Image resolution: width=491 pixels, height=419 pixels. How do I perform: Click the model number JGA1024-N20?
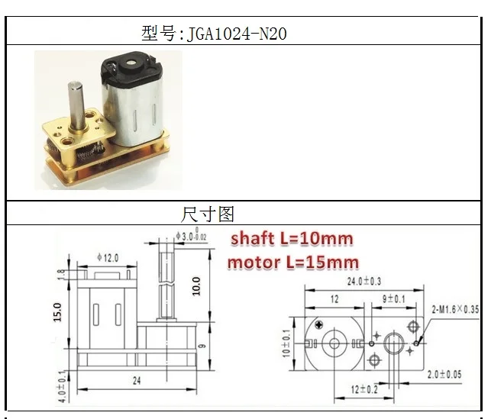tap(237, 34)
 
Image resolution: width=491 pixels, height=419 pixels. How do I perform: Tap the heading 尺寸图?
tap(208, 214)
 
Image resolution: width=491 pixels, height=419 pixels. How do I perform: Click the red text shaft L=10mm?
tap(292, 239)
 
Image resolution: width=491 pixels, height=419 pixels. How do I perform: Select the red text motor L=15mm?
tap(293, 263)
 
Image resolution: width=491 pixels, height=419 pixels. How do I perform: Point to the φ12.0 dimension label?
tap(108, 258)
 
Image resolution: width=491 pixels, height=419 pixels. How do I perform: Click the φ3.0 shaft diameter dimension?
tap(191, 235)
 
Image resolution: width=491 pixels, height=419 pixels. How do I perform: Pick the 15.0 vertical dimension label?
tap(57, 311)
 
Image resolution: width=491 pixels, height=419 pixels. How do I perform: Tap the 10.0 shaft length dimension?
tap(196, 286)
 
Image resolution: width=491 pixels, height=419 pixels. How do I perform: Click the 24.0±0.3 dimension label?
tap(364, 282)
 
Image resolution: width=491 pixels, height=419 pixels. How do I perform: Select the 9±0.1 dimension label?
tap(393, 299)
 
